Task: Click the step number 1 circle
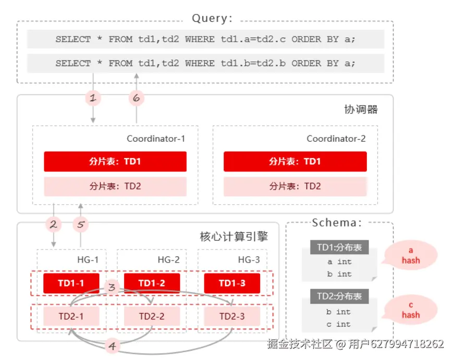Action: (x=93, y=97)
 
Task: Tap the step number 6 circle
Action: (x=137, y=97)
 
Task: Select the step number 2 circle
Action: (x=53, y=225)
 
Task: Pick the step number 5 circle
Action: (x=80, y=225)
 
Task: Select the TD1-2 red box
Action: (x=152, y=283)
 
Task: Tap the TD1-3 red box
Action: (x=232, y=283)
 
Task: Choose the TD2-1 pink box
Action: (x=71, y=316)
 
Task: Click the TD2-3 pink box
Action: (x=232, y=316)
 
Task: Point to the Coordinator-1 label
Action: (x=155, y=139)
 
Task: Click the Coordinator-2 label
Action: (x=336, y=139)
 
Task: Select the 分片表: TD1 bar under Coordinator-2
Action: (x=295, y=162)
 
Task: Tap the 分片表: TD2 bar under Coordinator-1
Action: (x=115, y=186)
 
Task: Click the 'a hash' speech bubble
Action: (x=410, y=256)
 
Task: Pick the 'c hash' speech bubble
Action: (x=410, y=311)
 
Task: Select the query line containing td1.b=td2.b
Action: (x=205, y=64)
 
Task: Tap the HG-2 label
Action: (x=168, y=259)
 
